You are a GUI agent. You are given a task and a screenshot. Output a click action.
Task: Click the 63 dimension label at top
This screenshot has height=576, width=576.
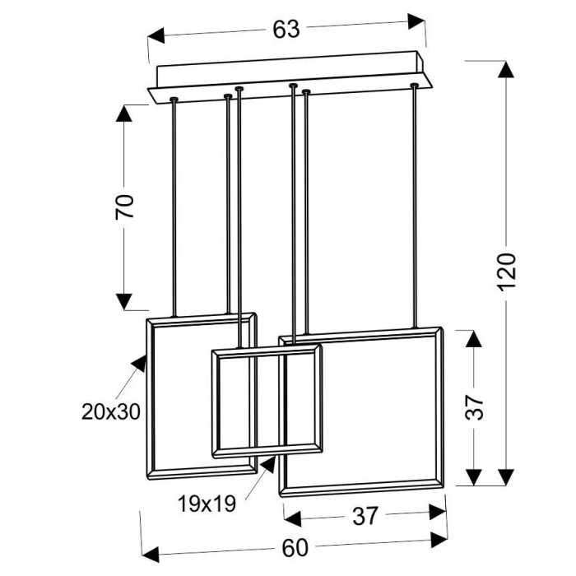coord(286,30)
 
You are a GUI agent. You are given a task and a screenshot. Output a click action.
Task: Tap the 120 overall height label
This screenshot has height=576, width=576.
coord(508,272)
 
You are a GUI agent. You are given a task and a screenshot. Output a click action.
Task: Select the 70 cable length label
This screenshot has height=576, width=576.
coord(124,207)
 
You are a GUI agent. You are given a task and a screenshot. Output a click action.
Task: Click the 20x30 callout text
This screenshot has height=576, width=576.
coord(111,411)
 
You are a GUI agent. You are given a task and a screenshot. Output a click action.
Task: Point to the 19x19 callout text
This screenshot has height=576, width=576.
coord(207,504)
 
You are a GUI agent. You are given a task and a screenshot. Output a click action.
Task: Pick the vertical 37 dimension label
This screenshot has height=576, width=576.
coord(474,407)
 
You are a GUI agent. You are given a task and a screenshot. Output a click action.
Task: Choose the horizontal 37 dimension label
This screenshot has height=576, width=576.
coord(365,516)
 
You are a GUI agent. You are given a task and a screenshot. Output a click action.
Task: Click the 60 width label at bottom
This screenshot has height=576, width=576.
coord(295,549)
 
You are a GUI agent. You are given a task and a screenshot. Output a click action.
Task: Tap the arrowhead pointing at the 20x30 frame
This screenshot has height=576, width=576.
coord(139,364)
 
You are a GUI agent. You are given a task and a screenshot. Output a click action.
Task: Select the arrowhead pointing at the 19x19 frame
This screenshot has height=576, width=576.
coord(268,464)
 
